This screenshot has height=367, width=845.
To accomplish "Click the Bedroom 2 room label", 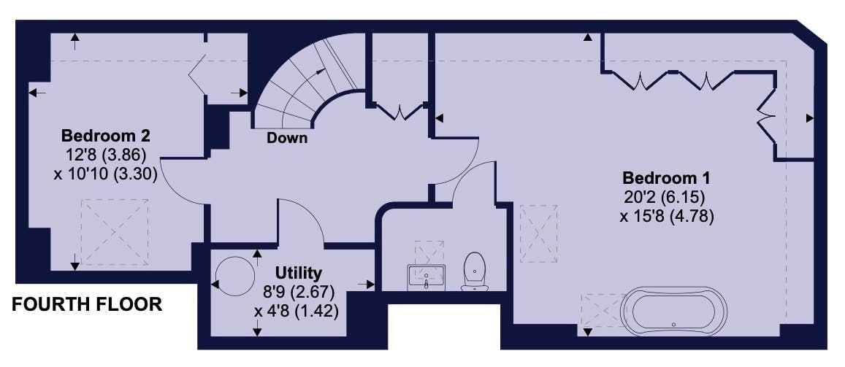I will pyautogui.click(x=106, y=136).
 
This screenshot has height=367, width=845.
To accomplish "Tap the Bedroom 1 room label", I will pyautogui.click(x=666, y=178).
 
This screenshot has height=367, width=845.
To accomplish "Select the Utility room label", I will pyautogui.click(x=299, y=274).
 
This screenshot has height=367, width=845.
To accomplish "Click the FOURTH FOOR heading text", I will pyautogui.click(x=87, y=304).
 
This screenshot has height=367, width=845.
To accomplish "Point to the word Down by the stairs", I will pyautogui.click(x=287, y=138).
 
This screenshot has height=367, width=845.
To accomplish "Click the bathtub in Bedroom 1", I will pyautogui.click(x=673, y=311).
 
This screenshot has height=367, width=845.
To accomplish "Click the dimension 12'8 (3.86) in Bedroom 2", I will pyautogui.click(x=106, y=155).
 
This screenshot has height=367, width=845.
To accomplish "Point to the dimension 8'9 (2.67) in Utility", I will pyautogui.click(x=299, y=293).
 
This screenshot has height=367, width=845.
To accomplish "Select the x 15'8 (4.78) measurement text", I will pyautogui.click(x=666, y=217).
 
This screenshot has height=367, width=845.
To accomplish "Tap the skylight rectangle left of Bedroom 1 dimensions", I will pyautogui.click(x=539, y=233).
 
